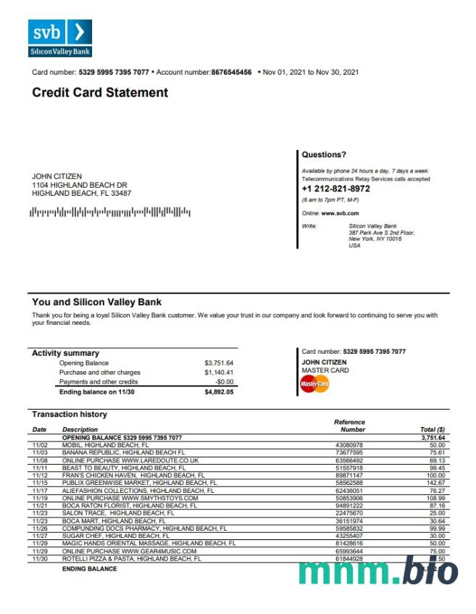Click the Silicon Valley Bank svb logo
point(60,38)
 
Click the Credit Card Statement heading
point(100,93)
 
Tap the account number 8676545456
point(231,72)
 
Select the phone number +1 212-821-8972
point(335,188)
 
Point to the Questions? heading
point(324,154)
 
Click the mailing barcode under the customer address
point(110,212)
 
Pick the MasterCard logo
point(314,383)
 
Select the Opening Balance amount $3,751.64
point(219,363)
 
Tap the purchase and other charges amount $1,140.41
point(219,373)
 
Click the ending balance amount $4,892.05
point(219,392)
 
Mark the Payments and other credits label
point(99,382)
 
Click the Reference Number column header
point(349,426)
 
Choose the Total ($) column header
point(433,430)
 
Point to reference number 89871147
point(350,475)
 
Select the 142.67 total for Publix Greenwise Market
point(435,482)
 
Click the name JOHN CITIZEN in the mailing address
point(57,177)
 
